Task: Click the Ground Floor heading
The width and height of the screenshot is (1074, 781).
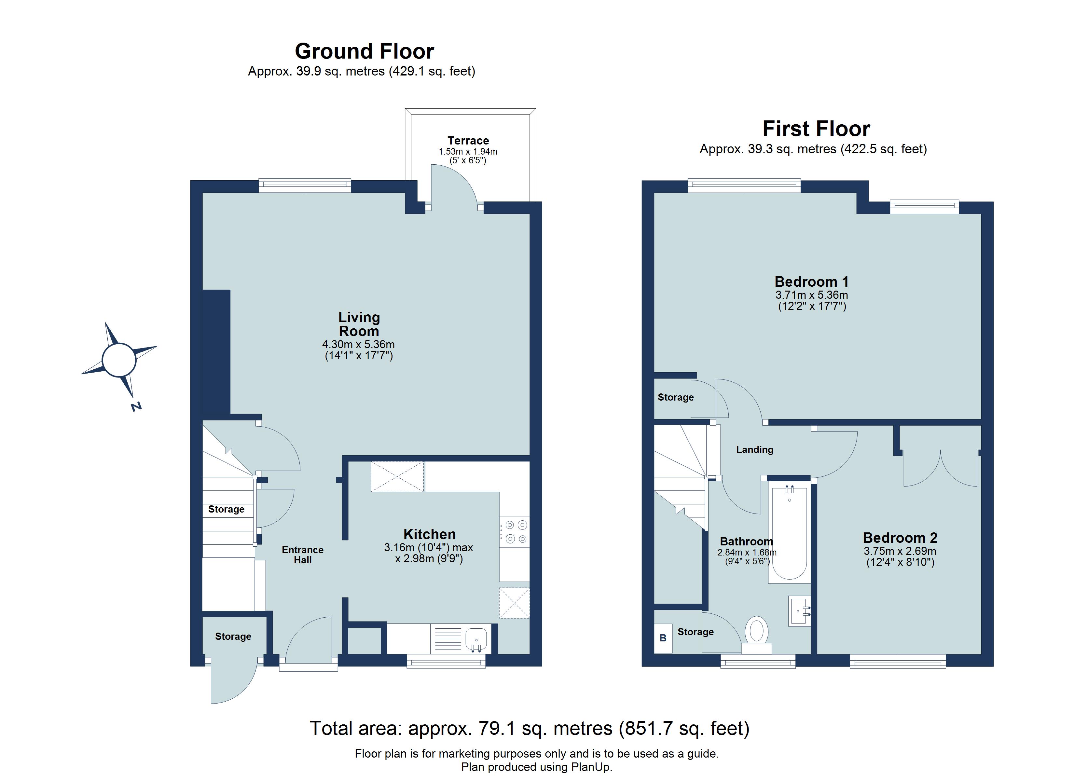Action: [364, 51]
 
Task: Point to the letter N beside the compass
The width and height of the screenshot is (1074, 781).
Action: [136, 406]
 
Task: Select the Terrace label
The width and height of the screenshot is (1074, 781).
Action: [468, 141]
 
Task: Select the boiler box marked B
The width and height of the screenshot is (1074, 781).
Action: [663, 638]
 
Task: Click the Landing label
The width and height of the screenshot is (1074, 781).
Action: [754, 449]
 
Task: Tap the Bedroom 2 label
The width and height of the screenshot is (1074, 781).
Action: [900, 538]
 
